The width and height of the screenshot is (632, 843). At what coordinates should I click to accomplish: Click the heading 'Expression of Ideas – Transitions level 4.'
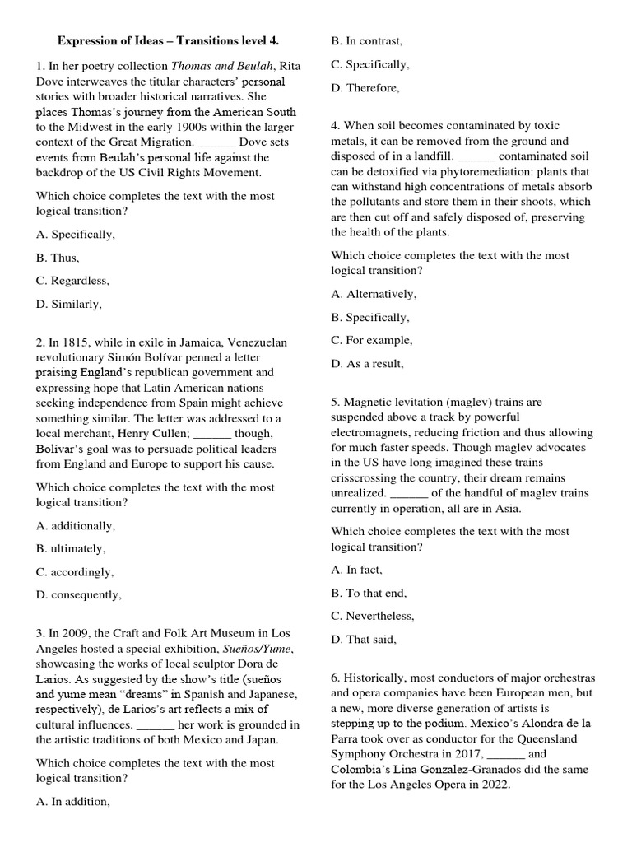click(x=168, y=40)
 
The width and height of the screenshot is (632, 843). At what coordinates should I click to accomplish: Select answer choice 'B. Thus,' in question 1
click(x=58, y=258)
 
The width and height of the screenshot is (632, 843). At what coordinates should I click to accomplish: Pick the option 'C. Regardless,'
click(x=73, y=281)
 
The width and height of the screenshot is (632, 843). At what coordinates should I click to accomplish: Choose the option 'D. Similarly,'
click(x=70, y=304)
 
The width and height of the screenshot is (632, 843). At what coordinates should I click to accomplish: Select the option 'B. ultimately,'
click(x=72, y=548)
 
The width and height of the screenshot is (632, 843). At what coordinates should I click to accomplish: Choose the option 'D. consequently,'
click(x=79, y=594)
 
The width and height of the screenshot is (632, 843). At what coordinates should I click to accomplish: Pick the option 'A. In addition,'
click(x=73, y=801)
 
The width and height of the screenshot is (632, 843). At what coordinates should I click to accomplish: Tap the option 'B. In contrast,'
click(x=367, y=40)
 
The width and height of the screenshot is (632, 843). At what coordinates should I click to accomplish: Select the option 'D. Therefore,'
click(x=365, y=87)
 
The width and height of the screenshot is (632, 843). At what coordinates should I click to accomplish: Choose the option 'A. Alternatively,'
click(x=374, y=294)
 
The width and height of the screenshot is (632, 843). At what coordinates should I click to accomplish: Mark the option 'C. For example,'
click(x=372, y=340)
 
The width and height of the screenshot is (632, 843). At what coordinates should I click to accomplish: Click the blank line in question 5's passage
click(x=408, y=493)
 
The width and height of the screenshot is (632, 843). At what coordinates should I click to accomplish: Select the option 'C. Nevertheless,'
click(x=373, y=616)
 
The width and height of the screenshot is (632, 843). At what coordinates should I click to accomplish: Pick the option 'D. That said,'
click(x=364, y=639)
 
